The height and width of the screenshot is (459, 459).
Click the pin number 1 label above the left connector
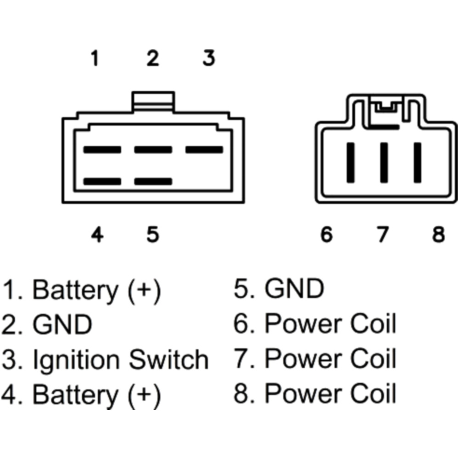click(95, 59)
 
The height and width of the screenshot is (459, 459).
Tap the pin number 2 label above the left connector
click(153, 59)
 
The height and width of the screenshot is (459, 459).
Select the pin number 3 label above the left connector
click(209, 59)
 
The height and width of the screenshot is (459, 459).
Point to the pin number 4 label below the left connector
click(97, 235)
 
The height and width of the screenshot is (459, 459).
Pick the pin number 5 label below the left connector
click(153, 235)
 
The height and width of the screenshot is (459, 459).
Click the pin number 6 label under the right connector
click(326, 235)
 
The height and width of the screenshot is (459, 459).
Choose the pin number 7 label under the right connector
click(382, 235)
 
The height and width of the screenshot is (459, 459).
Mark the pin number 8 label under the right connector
click(439, 235)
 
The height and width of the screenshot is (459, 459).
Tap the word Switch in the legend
click(168, 359)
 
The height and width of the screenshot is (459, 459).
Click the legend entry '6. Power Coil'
click(315, 324)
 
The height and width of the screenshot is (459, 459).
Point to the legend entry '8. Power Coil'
click(315, 394)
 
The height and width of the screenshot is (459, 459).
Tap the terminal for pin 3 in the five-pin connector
click(204, 150)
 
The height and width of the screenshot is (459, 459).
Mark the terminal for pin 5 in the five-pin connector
click(153, 182)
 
